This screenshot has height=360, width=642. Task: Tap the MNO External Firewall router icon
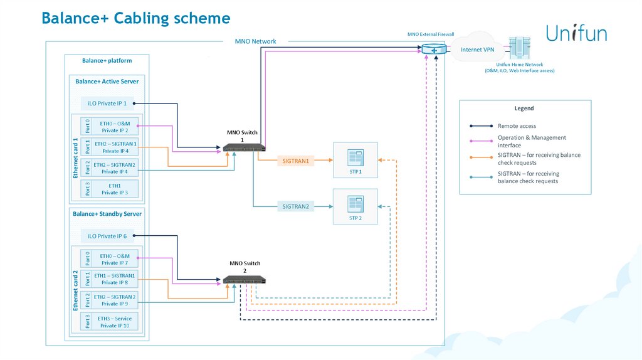click(x=433, y=49)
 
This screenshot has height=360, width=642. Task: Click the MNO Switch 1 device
click(x=244, y=147)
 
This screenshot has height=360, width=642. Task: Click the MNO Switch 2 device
click(x=244, y=280)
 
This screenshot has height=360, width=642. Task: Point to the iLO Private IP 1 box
click(x=107, y=103)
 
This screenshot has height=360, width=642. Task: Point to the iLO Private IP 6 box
click(x=107, y=236)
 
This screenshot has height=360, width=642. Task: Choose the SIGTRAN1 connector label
click(x=296, y=161)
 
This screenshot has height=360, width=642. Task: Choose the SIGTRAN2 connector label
click(x=296, y=206)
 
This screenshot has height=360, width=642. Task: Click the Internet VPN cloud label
click(x=478, y=49)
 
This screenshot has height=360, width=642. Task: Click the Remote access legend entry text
click(x=517, y=126)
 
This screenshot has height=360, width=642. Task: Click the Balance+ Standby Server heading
click(x=107, y=214)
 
